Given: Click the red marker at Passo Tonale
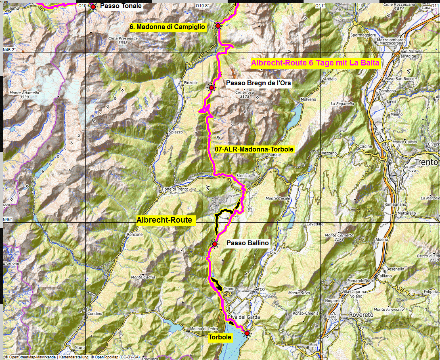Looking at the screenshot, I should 93,6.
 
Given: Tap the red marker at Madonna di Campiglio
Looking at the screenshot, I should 218,26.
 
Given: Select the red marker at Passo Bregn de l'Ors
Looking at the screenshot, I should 211,87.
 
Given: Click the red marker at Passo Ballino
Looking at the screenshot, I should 215,244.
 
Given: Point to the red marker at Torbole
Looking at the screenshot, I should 247,333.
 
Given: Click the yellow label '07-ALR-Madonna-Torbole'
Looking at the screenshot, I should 254,149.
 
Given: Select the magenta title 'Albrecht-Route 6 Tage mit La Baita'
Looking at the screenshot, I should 315,63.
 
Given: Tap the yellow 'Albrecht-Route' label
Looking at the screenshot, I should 164,220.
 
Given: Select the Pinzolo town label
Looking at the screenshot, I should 190,82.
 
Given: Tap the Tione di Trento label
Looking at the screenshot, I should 175,189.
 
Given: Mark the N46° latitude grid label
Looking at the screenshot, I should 8,219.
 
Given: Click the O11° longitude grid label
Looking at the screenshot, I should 320,6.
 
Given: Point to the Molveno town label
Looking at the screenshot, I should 308,99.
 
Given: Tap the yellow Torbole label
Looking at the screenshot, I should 220,337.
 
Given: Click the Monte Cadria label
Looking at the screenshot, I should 143,277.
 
